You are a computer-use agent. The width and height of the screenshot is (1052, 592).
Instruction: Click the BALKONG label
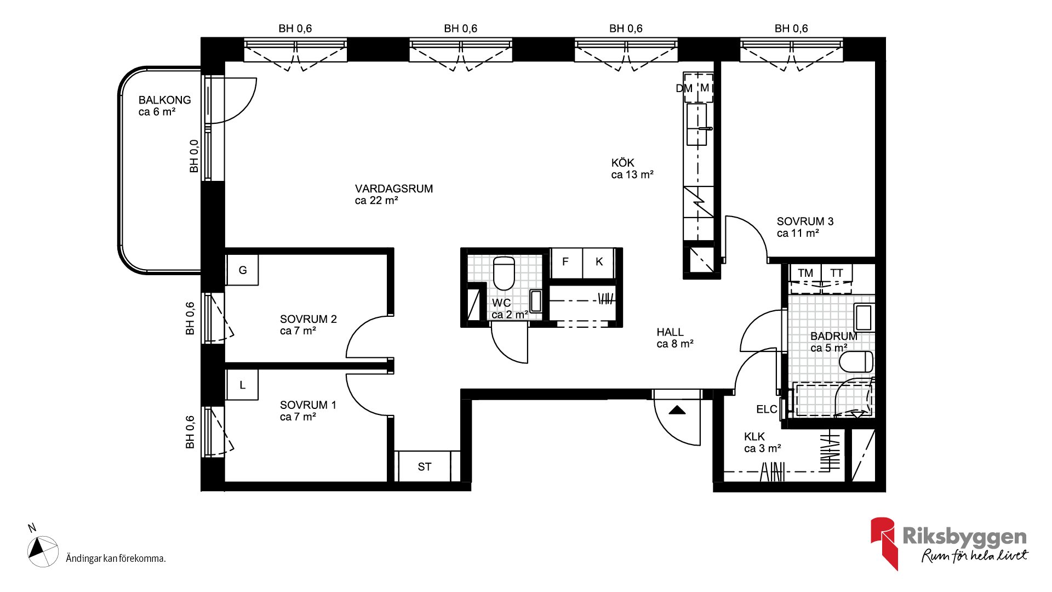point(164,100)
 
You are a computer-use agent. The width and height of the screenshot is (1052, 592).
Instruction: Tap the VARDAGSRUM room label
point(394,189)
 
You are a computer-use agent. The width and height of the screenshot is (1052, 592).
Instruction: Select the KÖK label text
point(622,163)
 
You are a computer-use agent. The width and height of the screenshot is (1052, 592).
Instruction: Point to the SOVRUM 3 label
point(805,221)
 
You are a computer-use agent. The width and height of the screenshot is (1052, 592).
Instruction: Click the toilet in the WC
point(504,273)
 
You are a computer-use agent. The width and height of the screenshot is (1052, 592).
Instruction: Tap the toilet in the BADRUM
point(856,362)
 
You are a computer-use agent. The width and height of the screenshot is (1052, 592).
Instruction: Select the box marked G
point(242,270)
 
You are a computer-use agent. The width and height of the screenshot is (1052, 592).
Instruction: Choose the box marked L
point(242,385)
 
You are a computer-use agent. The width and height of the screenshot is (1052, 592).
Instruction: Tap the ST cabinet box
point(424,466)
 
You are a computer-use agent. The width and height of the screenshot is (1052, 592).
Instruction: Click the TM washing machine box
point(805,273)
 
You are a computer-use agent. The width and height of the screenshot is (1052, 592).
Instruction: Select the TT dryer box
point(837,273)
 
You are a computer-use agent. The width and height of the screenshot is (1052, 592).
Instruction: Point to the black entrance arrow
point(677,409)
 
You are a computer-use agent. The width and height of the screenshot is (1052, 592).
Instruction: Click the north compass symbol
point(43,551)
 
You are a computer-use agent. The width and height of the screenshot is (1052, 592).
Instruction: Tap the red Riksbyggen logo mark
point(884,543)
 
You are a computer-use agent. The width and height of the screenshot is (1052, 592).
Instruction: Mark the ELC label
point(767,409)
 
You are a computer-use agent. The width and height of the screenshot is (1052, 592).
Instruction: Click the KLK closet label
point(754,437)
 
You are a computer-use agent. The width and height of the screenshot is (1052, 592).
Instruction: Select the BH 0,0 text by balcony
point(194,156)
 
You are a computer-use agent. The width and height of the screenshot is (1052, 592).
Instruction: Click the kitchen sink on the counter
point(697,124)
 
